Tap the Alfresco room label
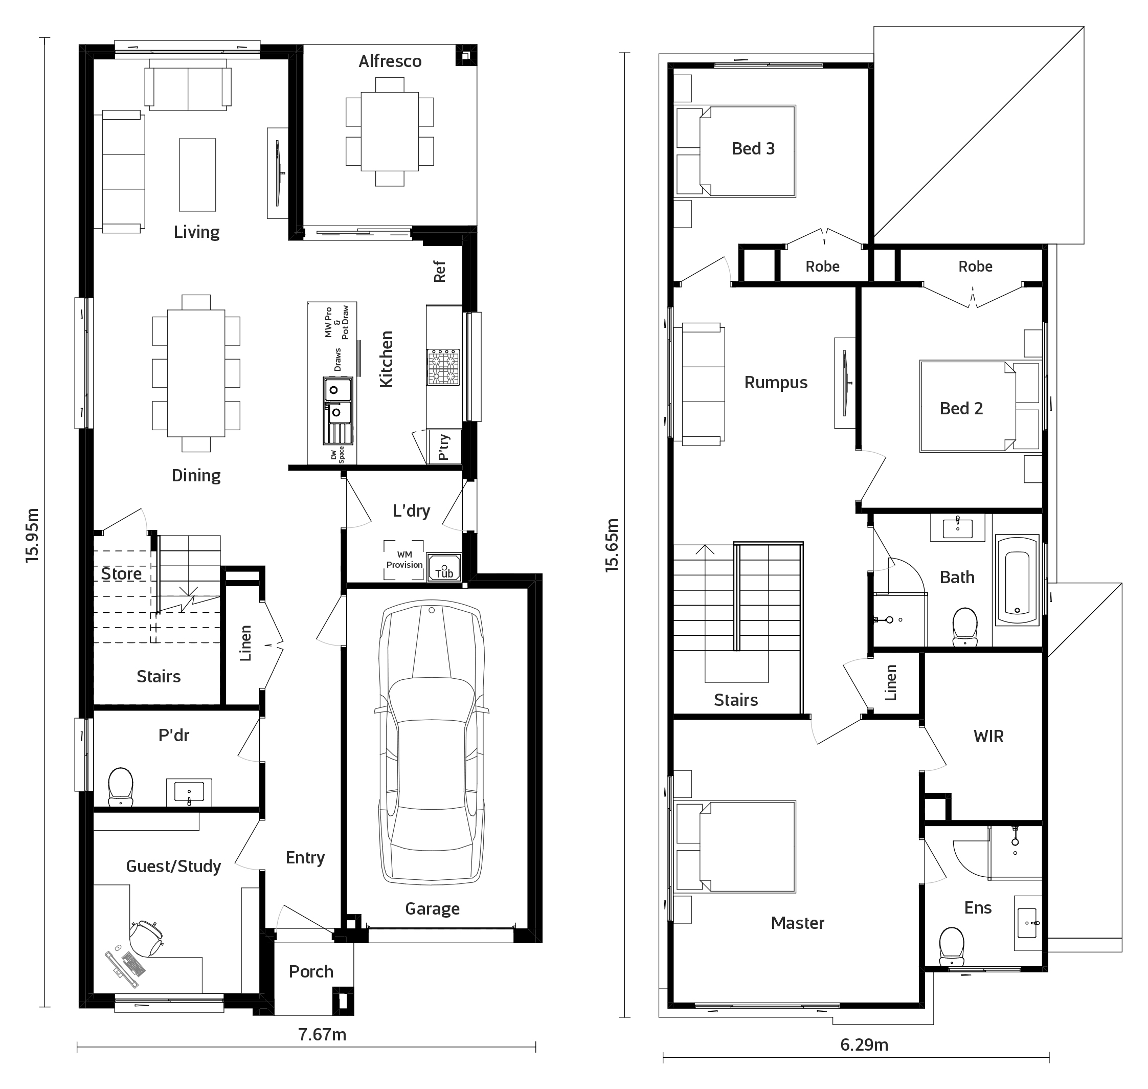(390, 61)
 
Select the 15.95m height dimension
(33, 535)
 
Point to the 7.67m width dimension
(322, 1034)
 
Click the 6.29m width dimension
(864, 1045)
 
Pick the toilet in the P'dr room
(120, 787)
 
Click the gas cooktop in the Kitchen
(443, 367)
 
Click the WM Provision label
(404, 560)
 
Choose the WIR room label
(988, 737)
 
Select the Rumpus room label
(776, 383)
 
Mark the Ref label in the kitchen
(439, 271)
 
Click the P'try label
(443, 447)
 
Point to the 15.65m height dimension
(612, 545)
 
